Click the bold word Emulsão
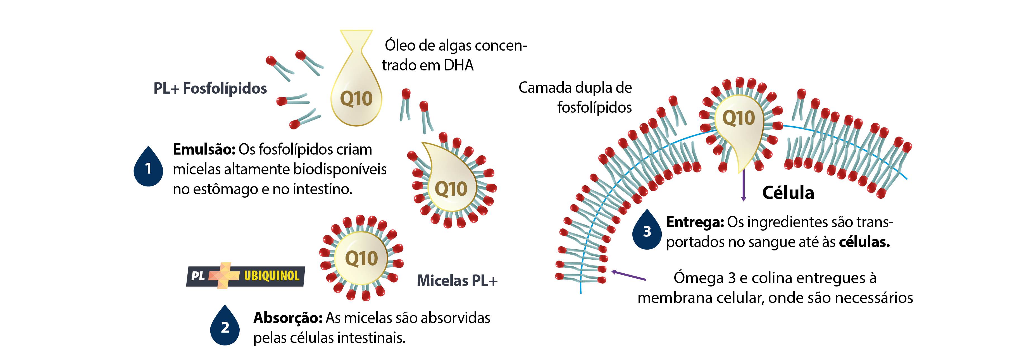(x=204, y=149)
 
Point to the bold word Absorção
(x=287, y=318)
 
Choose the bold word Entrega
(x=695, y=222)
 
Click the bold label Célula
(x=788, y=193)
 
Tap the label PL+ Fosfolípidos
(x=210, y=88)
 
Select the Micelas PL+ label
(x=457, y=280)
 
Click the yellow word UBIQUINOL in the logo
(x=272, y=276)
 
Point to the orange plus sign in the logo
(x=224, y=276)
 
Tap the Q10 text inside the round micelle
(x=361, y=258)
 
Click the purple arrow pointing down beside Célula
(x=743, y=185)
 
